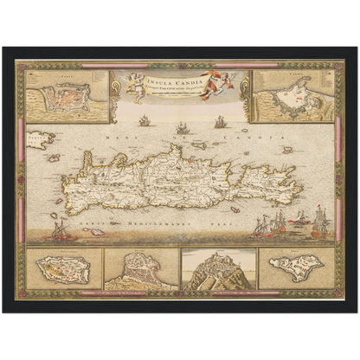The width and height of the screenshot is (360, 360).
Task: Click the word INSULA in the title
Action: point(158,83)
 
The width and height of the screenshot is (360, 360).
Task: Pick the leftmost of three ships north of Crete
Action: point(144,121)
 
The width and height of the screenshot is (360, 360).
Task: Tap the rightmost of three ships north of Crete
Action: point(220,121)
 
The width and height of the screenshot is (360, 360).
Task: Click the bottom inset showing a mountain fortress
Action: point(218,268)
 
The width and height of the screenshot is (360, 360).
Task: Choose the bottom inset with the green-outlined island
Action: point(296,267)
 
